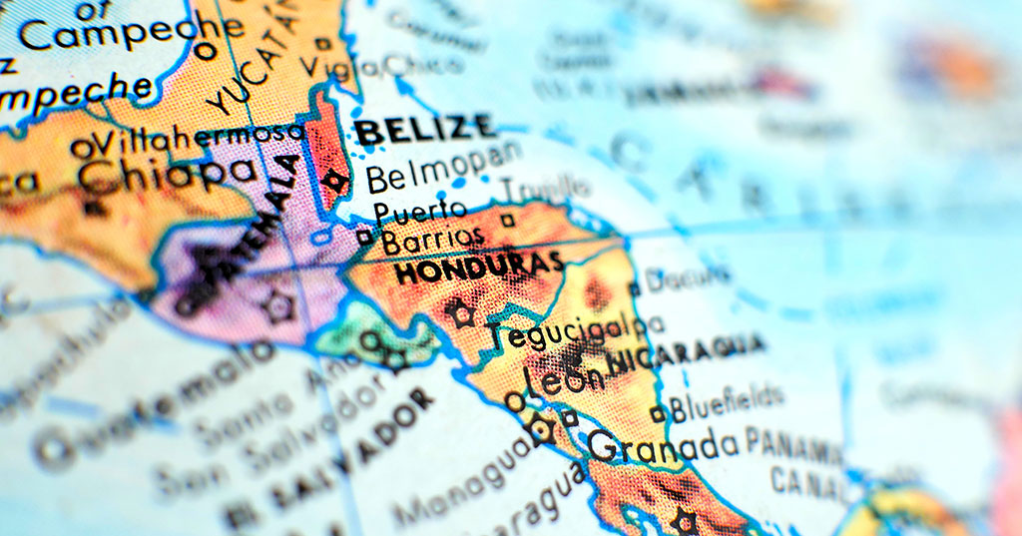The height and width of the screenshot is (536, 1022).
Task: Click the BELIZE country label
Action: point(425,129)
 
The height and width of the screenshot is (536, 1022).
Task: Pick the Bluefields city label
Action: point(727,403)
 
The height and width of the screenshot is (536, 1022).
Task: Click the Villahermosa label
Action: point(199,138)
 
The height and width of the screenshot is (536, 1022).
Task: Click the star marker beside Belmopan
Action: point(335,182)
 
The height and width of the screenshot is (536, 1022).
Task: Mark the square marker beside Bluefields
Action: point(657,413)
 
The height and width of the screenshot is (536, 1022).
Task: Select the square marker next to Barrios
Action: point(365,237)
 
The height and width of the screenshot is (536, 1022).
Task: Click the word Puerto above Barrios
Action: point(419,211)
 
